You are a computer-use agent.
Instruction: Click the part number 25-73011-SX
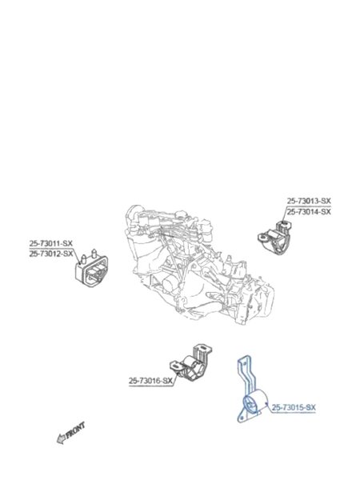[51, 244]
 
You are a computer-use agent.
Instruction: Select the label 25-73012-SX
[51, 254]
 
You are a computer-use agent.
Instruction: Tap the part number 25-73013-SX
[309, 201]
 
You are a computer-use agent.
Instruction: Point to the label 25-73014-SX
[309, 211]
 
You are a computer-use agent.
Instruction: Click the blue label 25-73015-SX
[294, 407]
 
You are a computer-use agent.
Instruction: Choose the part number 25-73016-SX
[150, 381]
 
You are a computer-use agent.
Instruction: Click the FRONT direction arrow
[70, 433]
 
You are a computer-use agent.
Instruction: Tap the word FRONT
[75, 430]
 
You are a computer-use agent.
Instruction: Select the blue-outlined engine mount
[252, 390]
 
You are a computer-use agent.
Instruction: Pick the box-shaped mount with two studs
[91, 269]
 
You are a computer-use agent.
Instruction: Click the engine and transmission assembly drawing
[199, 265]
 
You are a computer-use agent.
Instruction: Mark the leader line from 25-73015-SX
[269, 409]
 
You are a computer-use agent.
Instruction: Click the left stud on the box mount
[82, 259]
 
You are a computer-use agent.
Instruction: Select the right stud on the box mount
[94, 254]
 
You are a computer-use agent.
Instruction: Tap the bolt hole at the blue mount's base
[242, 417]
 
